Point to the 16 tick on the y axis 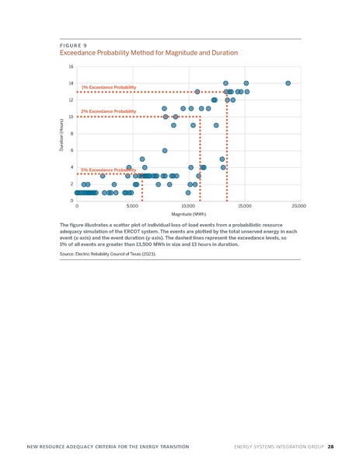pos(71,67)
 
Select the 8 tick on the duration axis pos(72,134)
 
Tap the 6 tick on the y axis pos(72,151)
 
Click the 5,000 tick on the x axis pos(132,206)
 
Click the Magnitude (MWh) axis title pos(188,214)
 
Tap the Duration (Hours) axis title pos(62,134)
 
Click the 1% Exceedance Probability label pos(109,87)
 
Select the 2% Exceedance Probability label pos(109,112)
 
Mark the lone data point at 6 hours pos(165,151)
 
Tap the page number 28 pos(330,447)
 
